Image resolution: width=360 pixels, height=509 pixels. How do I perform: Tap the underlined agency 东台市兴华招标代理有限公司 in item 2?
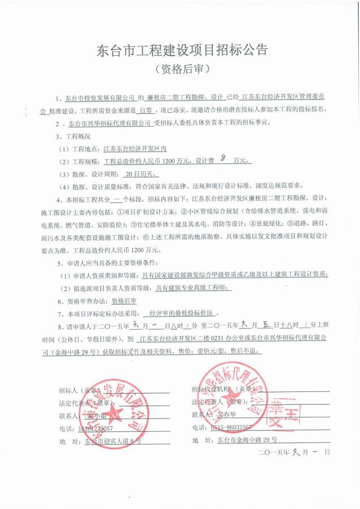pos(112,122)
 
